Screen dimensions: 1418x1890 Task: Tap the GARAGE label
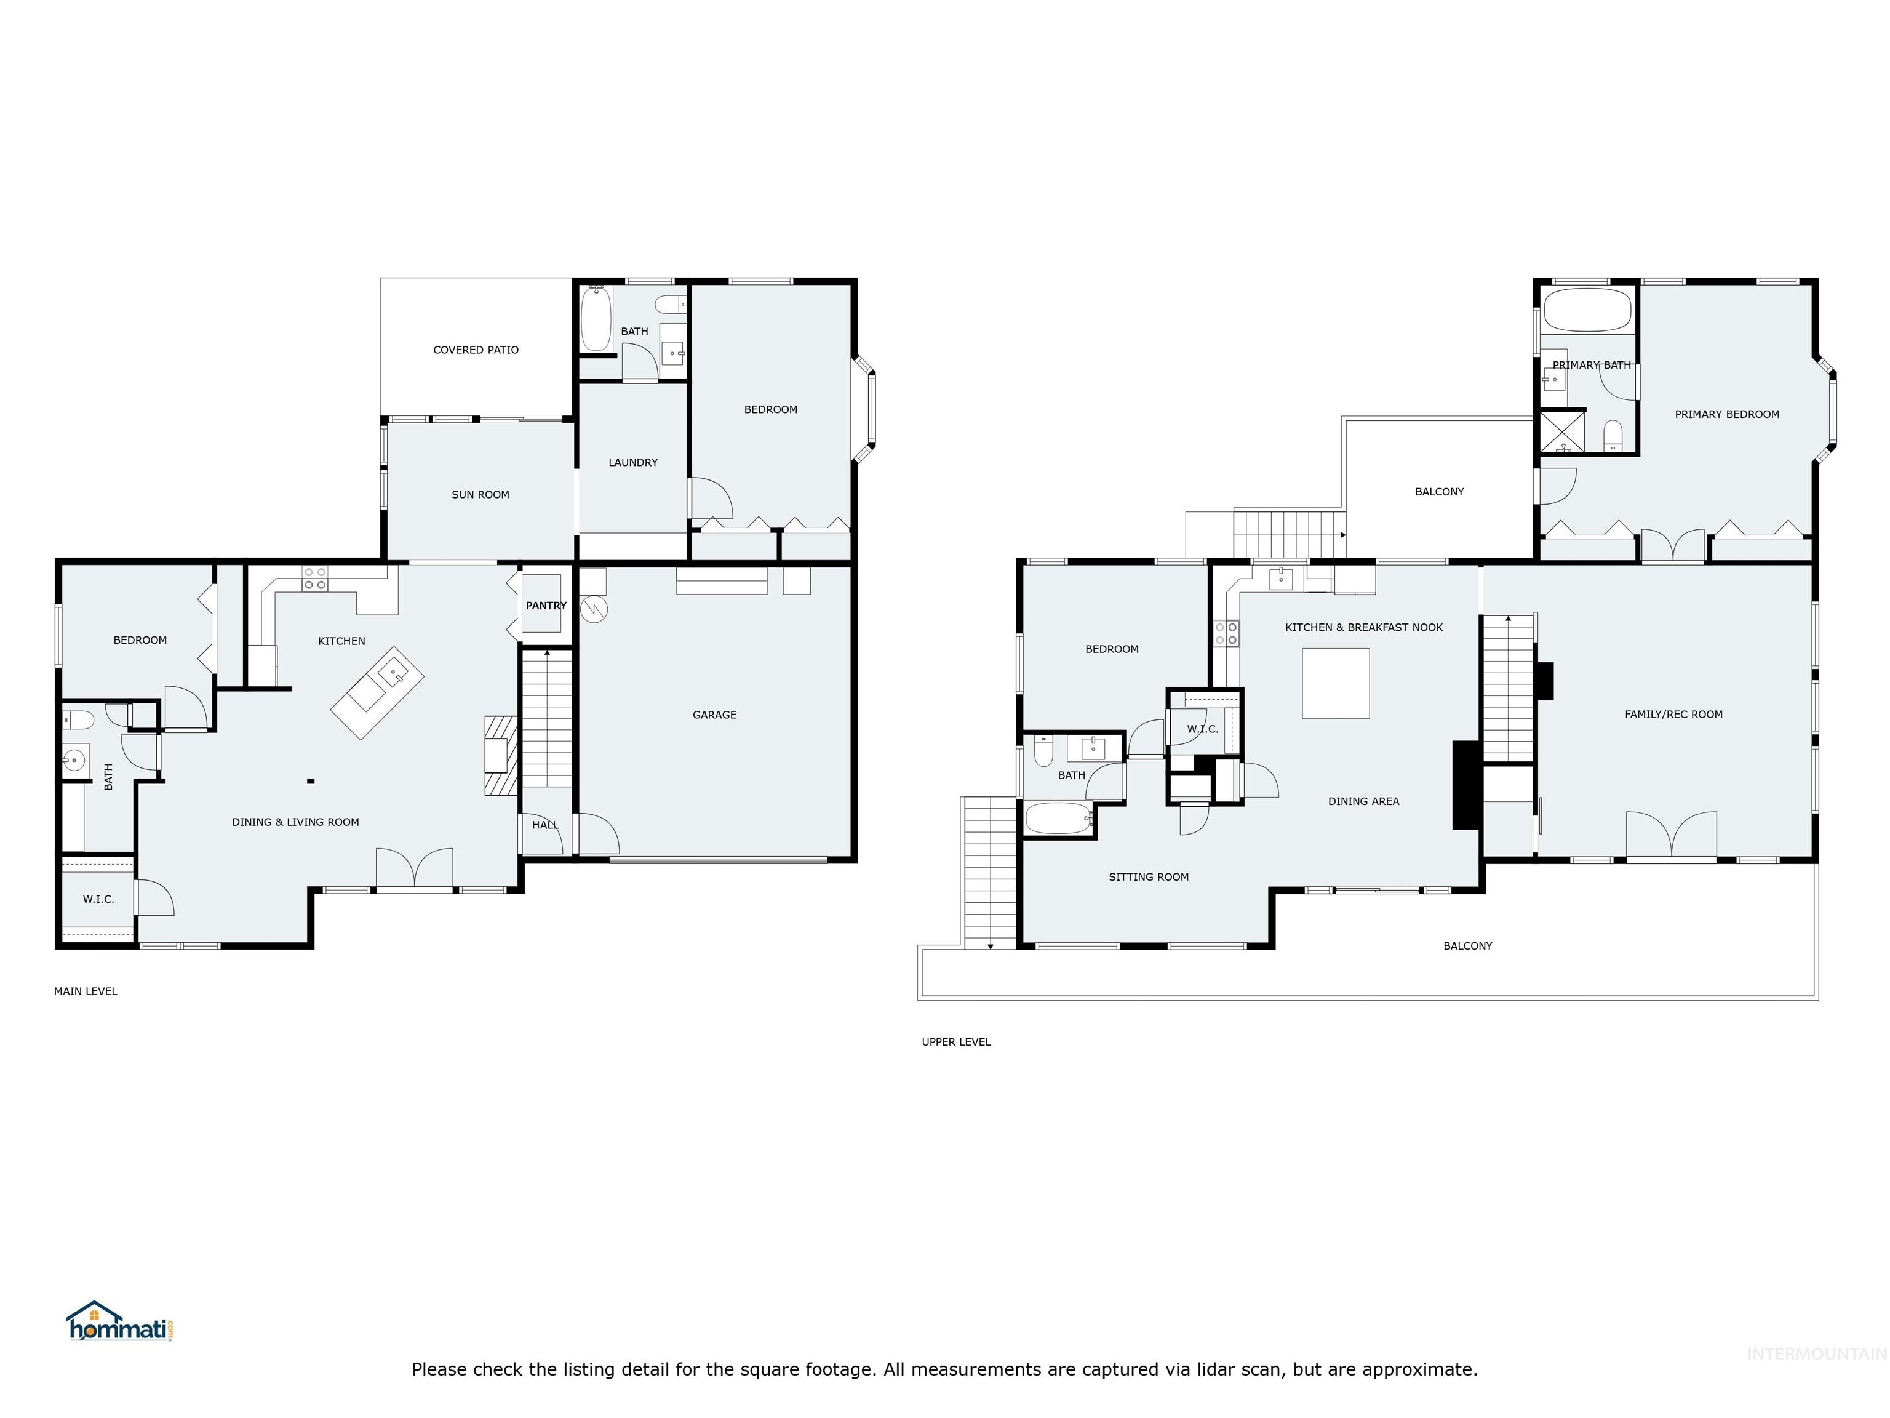(714, 715)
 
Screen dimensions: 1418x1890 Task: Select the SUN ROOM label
(480, 494)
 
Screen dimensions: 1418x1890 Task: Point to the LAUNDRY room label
(633, 462)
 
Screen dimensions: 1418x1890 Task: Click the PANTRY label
(546, 605)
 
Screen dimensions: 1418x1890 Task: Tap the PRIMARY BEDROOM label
(1727, 414)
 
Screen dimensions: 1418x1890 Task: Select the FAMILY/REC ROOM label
(1673, 715)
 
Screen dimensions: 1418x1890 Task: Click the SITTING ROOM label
(1149, 877)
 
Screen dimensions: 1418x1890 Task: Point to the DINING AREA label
(1364, 801)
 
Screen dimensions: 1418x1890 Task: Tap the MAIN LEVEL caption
(86, 991)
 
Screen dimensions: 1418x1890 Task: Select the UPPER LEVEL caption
(956, 1042)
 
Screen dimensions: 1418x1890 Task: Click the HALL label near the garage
(545, 825)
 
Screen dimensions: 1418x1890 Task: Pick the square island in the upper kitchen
(1336, 683)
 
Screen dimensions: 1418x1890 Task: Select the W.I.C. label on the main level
(98, 899)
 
